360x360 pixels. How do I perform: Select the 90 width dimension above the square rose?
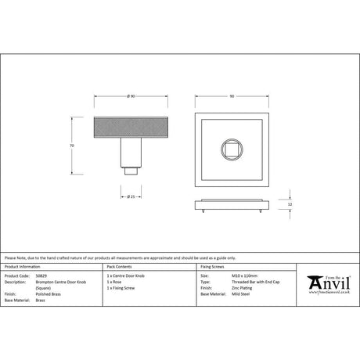pos(232,95)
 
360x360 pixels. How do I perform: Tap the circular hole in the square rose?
pos(232,146)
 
